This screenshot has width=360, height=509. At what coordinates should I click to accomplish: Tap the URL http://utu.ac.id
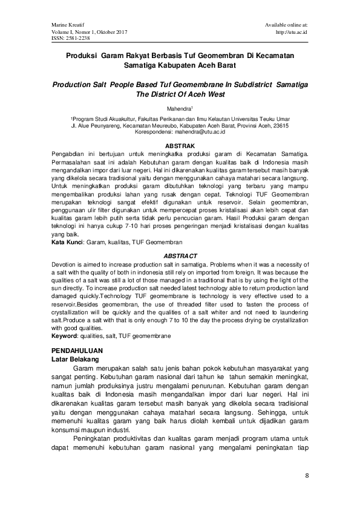pos(292,31)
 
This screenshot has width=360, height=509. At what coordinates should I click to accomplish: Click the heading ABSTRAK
pos(180,146)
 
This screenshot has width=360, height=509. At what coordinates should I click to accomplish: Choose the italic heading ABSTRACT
pos(180,256)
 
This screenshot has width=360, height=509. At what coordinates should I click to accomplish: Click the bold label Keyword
pos(64,335)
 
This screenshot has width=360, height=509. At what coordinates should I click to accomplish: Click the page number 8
pos(307,476)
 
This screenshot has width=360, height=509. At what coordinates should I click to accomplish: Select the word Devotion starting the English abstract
pos(65,265)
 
